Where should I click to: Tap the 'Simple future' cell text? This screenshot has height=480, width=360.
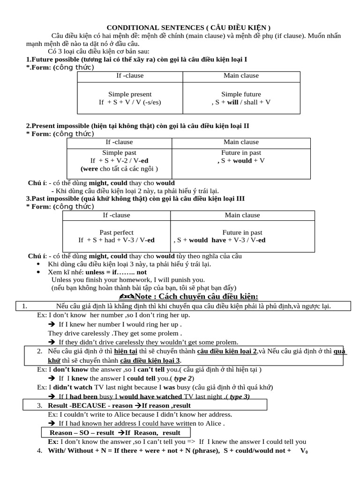click(x=241, y=94)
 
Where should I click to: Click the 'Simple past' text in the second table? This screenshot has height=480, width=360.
click(x=119, y=153)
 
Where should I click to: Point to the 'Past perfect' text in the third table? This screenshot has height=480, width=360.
click(x=116, y=232)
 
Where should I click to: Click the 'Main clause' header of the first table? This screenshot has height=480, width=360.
click(x=241, y=75)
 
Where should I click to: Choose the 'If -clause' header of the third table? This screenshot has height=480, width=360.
click(x=116, y=215)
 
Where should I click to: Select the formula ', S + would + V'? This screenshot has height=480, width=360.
click(x=241, y=161)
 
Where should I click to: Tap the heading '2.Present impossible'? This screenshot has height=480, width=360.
click(x=137, y=126)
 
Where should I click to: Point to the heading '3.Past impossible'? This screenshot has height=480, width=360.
click(x=135, y=199)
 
